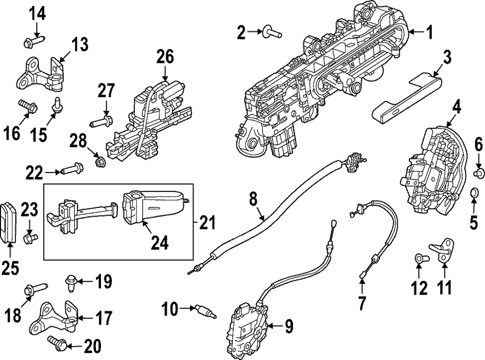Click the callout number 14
pyautogui.click(x=37, y=14)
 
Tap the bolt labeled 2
pyautogui.click(x=272, y=32)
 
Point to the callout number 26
pyautogui.click(x=165, y=57)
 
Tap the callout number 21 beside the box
pyautogui.click(x=207, y=223)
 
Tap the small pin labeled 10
pyautogui.click(x=205, y=312)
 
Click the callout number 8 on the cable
pyautogui.click(x=253, y=199)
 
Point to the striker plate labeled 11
pyautogui.click(x=443, y=250)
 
